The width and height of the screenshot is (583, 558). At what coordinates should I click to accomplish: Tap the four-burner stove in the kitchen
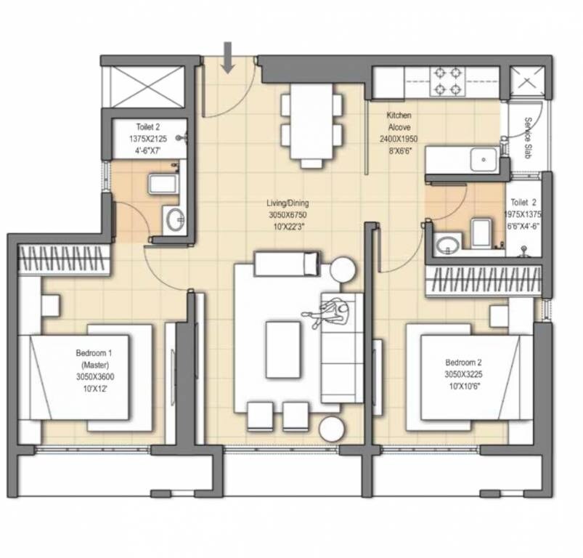pyautogui.click(x=447, y=81)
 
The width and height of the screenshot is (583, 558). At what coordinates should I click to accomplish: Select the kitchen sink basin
pyautogui.click(x=483, y=159)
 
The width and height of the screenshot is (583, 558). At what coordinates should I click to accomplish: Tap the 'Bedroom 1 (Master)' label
pyautogui.click(x=94, y=358)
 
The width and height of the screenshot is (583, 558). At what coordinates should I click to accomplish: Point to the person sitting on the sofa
pyautogui.click(x=332, y=313)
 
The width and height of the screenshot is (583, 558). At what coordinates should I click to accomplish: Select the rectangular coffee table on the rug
pyautogui.click(x=283, y=349)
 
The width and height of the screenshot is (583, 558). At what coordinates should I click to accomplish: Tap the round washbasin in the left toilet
pyautogui.click(x=174, y=219)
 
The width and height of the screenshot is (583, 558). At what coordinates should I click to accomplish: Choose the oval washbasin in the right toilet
pyautogui.click(x=448, y=243)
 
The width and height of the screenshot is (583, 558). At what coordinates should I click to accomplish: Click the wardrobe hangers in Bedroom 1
pyautogui.click(x=64, y=259)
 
